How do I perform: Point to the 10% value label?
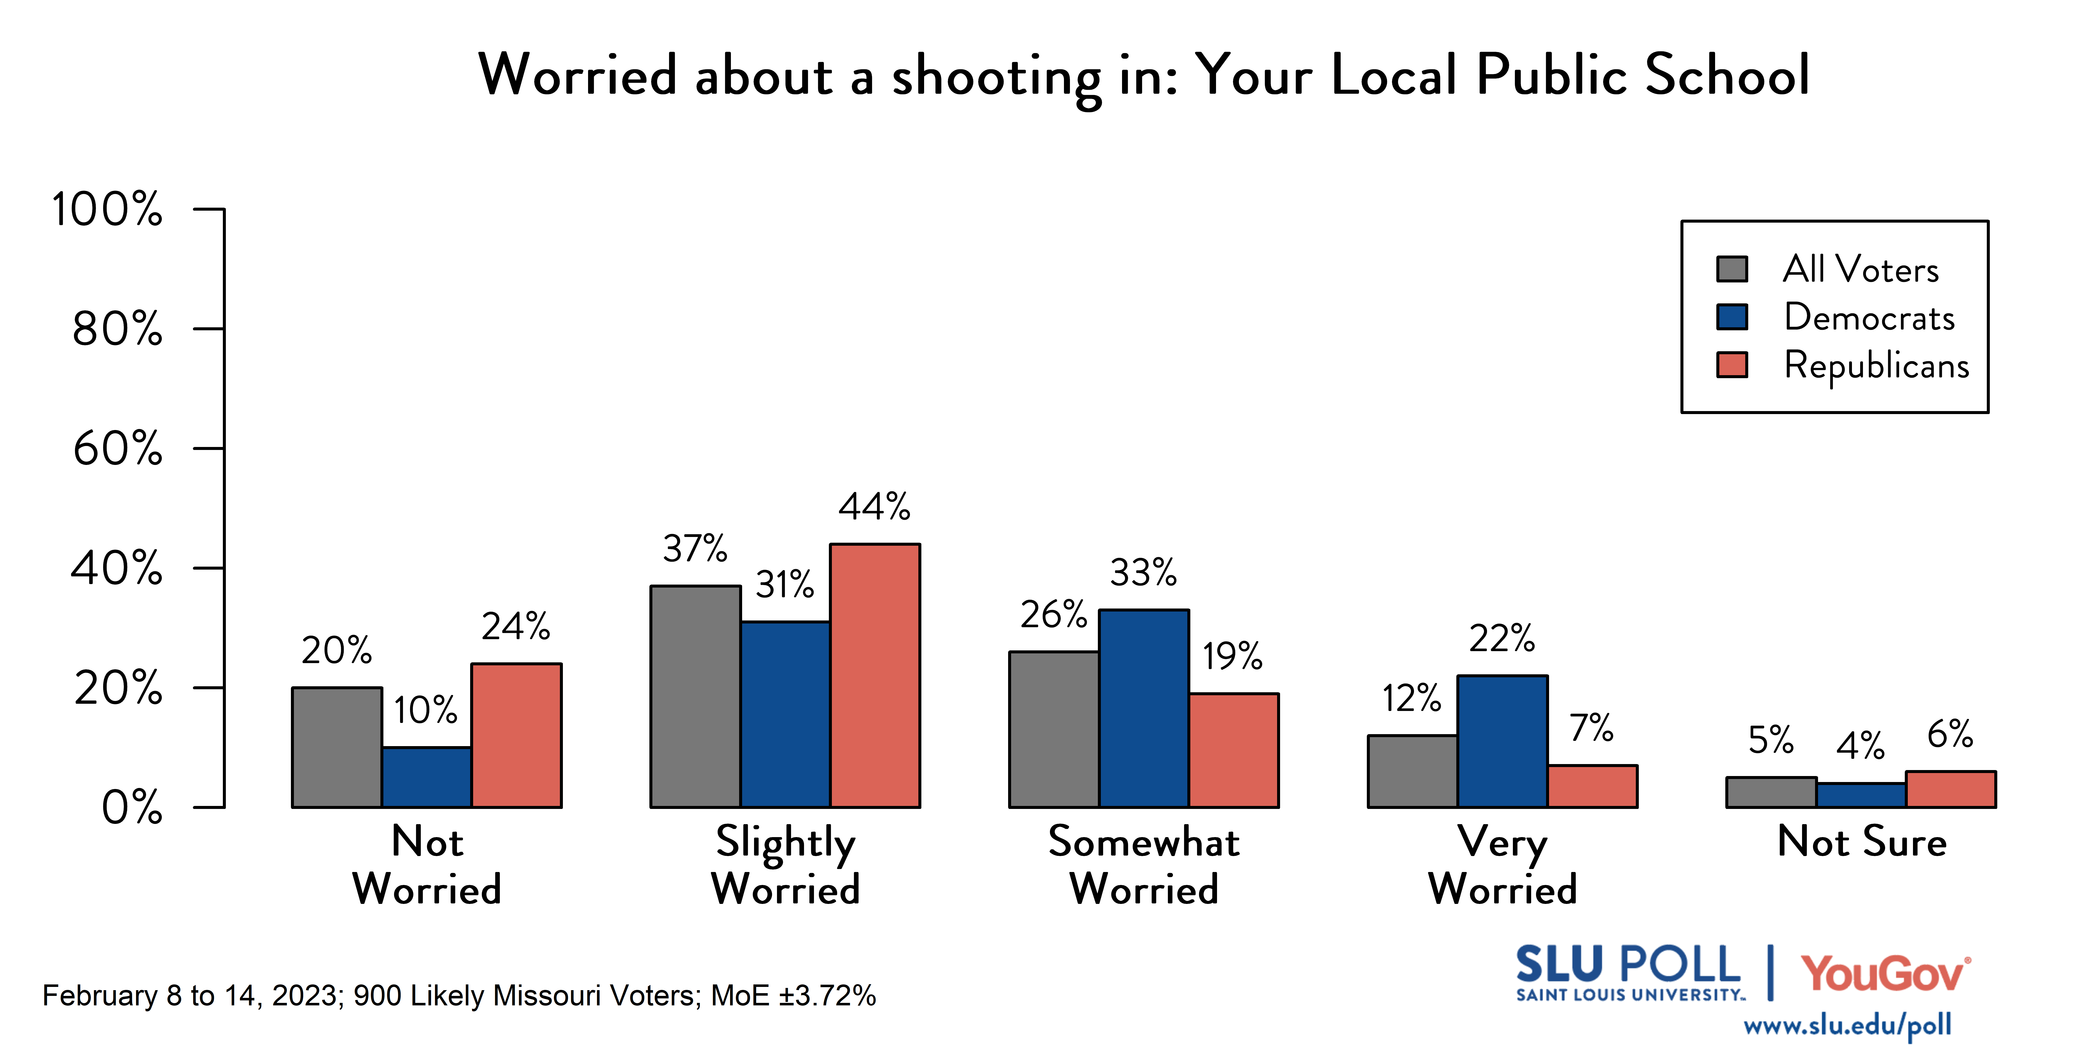(x=426, y=710)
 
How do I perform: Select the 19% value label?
(x=1232, y=656)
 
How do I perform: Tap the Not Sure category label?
(x=1861, y=841)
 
